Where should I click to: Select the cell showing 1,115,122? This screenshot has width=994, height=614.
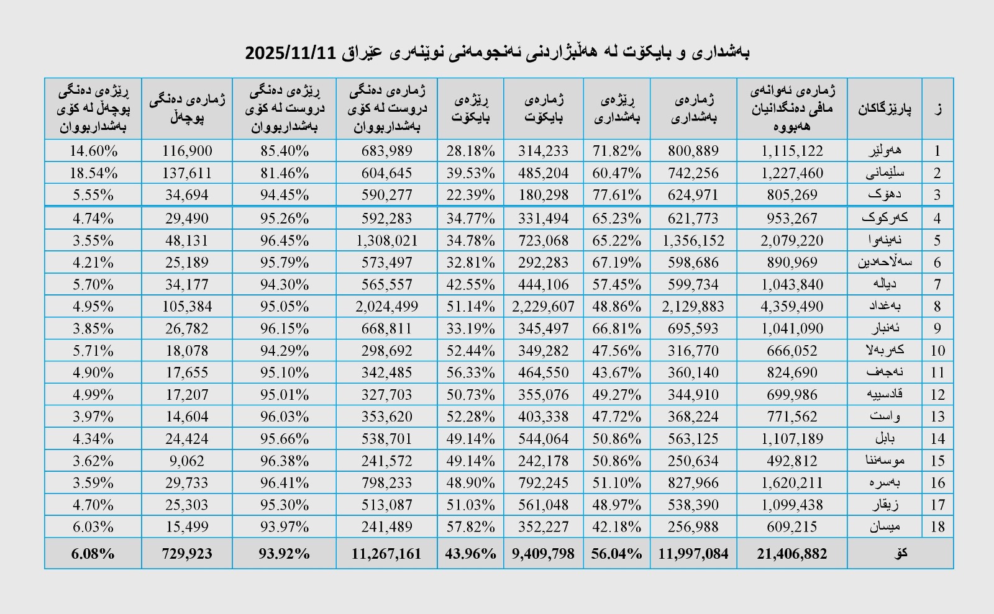(x=792, y=151)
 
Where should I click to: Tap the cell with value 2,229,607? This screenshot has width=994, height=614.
(x=544, y=306)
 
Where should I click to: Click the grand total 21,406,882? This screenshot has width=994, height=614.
(x=792, y=554)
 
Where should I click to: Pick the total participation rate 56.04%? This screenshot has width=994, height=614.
(x=616, y=554)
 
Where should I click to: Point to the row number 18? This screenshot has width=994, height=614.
(x=937, y=527)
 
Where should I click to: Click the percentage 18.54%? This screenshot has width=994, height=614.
(x=93, y=173)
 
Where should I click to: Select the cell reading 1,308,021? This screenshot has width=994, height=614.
(x=386, y=240)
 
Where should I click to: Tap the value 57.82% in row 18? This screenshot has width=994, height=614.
(x=470, y=527)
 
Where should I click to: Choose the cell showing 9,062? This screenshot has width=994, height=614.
(x=187, y=461)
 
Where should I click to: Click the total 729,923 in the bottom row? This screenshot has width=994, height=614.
(x=187, y=554)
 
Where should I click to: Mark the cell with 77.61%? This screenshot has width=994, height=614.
(x=616, y=195)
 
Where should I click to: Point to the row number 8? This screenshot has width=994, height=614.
(x=937, y=306)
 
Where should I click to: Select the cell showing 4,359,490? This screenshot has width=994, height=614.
(x=792, y=306)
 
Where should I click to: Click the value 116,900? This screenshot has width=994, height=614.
(x=187, y=151)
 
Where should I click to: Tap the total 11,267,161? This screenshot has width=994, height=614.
(x=386, y=554)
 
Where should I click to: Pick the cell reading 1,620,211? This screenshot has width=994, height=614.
(x=792, y=483)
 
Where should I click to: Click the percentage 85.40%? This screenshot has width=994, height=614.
(x=285, y=151)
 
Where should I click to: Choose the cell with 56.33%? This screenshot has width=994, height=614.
(x=470, y=372)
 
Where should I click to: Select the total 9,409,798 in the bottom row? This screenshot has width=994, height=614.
(x=544, y=554)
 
